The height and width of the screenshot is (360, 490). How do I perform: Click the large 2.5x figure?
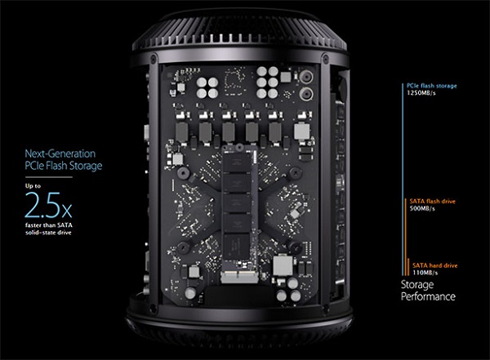click(x=48, y=205)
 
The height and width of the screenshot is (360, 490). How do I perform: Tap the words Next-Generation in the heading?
click(x=60, y=153)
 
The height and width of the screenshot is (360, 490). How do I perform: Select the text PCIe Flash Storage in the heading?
click(x=64, y=166)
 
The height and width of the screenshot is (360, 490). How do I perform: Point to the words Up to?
click(x=33, y=185)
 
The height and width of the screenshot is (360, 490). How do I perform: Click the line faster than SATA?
click(x=49, y=225)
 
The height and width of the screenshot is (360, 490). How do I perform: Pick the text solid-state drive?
click(x=48, y=233)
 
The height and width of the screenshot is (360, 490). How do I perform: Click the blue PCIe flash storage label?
click(x=431, y=86)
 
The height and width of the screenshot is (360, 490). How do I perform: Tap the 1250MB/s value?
click(x=421, y=93)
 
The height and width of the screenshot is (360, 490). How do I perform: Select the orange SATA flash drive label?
click(x=433, y=202)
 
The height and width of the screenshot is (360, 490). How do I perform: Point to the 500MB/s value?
click(x=422, y=208)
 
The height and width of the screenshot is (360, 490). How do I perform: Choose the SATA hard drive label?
click(x=434, y=265)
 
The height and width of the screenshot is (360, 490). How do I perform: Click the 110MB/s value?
click(x=425, y=273)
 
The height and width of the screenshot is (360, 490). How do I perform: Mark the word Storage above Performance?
click(x=417, y=285)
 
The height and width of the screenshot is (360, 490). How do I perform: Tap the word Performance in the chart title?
click(x=428, y=296)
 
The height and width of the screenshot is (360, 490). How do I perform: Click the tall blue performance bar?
click(x=403, y=180)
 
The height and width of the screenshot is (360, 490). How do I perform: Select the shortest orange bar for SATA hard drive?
click(x=408, y=267)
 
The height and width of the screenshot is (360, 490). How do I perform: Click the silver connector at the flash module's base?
click(x=239, y=278)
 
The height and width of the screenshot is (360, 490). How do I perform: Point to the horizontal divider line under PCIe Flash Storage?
click(x=49, y=177)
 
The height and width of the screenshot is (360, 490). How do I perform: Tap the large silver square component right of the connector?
click(x=283, y=265)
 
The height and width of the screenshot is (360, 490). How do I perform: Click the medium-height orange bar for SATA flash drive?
click(x=405, y=238)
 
